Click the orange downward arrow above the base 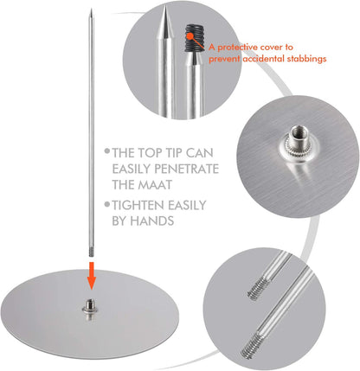(92, 275)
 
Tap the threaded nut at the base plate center (91, 310)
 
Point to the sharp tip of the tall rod (91, 10)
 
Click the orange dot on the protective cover (190, 36)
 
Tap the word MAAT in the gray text (157, 185)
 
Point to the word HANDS (152, 221)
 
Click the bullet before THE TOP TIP (107, 150)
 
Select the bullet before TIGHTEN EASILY (107, 204)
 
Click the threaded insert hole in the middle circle (297, 132)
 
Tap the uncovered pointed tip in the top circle (165, 23)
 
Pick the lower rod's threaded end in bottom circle (250, 345)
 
